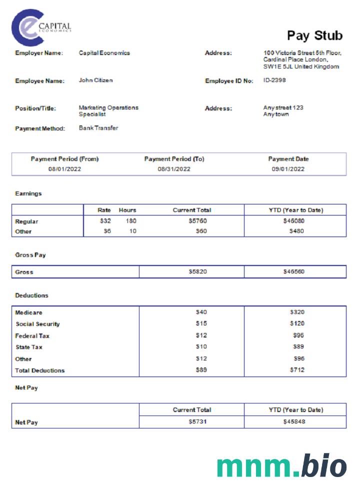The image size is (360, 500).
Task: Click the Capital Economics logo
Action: click(41, 27)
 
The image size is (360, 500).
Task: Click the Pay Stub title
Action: click(314, 35)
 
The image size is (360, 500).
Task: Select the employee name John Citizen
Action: click(96, 80)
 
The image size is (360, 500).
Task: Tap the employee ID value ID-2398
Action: click(274, 80)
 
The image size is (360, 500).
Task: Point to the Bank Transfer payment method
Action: click(98, 128)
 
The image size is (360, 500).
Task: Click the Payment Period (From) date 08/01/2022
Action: click(64, 169)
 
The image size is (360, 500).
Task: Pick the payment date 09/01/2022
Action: click(288, 169)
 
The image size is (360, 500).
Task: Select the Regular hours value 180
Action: click(129, 220)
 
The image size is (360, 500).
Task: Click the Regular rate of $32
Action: click(105, 220)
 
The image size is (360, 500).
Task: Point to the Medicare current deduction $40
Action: click(201, 312)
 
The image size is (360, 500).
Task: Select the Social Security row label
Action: click(37, 324)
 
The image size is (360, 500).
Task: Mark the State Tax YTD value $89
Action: click(298, 346)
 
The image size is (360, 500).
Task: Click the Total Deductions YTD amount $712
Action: click(297, 370)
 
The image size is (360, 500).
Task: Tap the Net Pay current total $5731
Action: click(197, 422)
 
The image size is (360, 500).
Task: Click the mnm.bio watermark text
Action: click(281, 466)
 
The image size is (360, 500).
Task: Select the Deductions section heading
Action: click(31, 295)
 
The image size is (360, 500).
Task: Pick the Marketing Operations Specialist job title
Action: click(108, 110)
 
